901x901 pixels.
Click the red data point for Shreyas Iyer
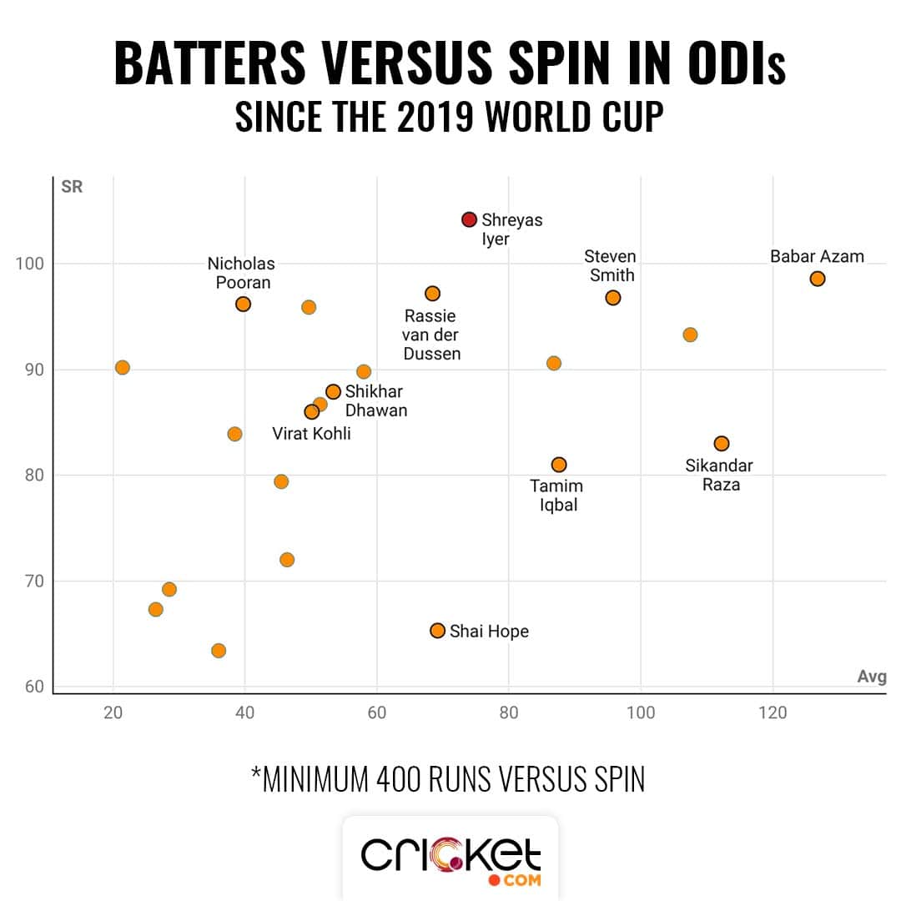point(469,219)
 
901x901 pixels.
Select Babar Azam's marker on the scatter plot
point(818,279)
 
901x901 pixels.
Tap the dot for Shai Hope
point(437,631)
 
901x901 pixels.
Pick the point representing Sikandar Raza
point(722,444)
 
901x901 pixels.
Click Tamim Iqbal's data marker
point(559,465)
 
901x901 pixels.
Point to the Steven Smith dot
point(613,298)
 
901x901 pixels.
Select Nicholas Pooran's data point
point(243,305)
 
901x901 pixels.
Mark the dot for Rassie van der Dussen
point(432,294)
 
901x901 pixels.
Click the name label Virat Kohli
point(311,434)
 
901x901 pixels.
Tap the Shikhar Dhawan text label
point(375,401)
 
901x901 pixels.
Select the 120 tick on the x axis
point(773,713)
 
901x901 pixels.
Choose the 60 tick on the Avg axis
point(377,713)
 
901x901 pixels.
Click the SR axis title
point(72,187)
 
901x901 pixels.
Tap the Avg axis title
point(871,677)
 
